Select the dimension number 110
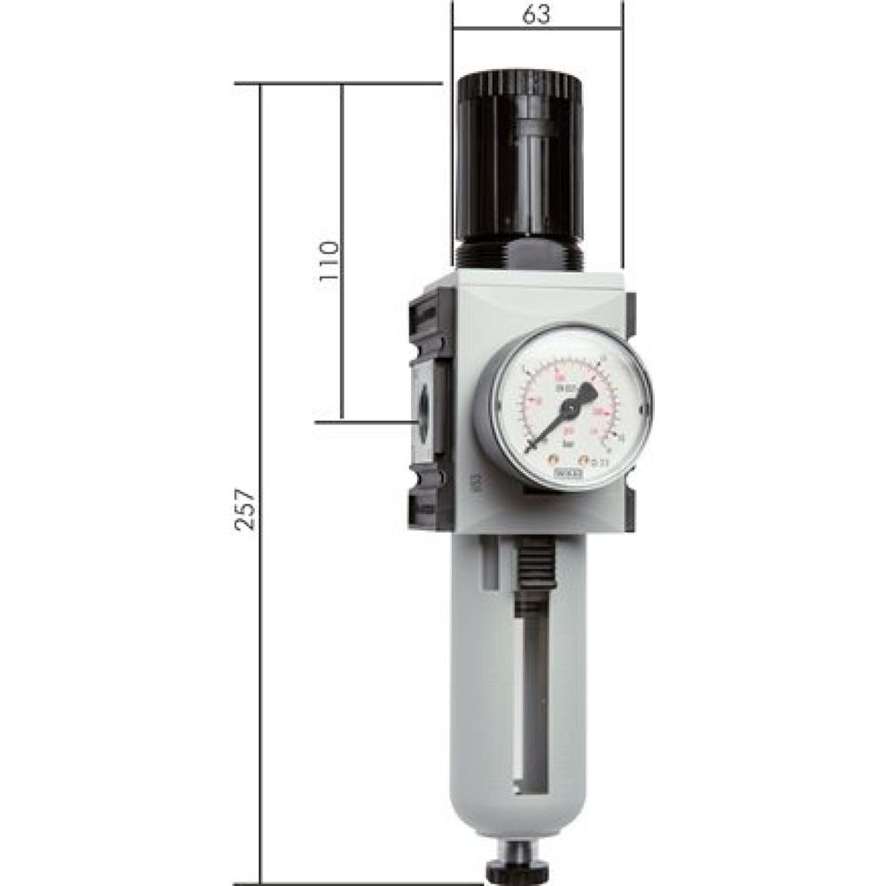tap(329, 260)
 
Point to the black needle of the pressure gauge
tap(547, 428)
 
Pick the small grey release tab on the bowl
tap(489, 567)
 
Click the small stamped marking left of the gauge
tap(476, 482)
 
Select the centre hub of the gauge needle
tap(571, 407)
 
